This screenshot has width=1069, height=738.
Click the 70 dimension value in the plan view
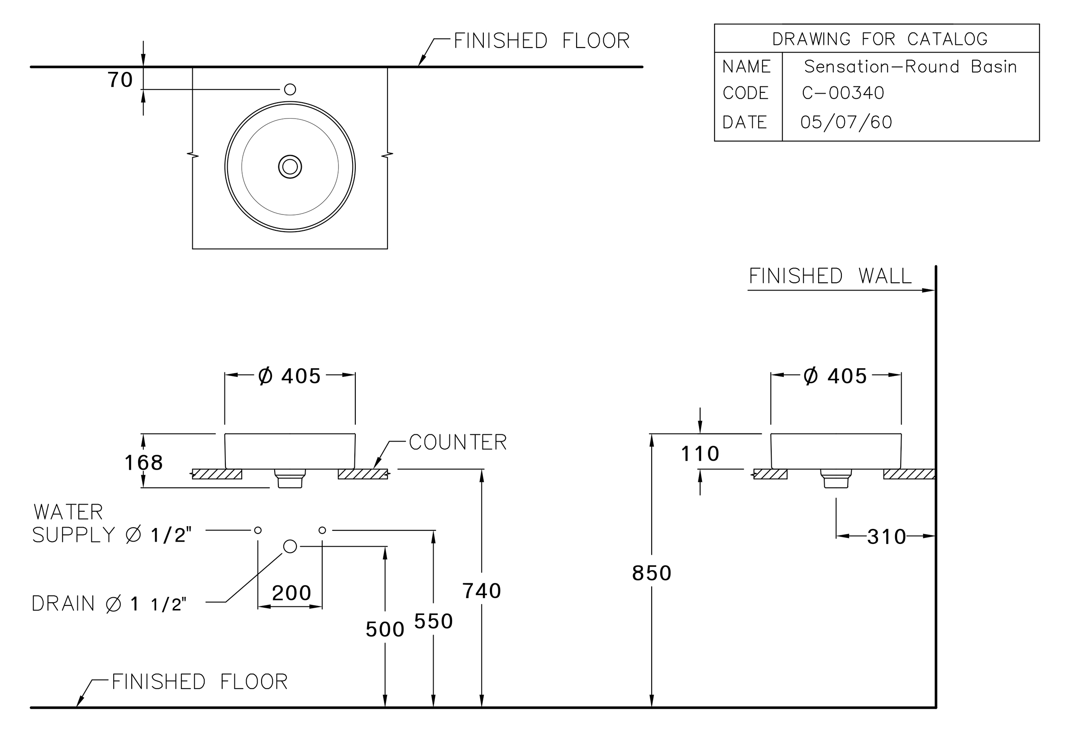[120, 80]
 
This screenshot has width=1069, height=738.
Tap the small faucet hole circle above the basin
[290, 89]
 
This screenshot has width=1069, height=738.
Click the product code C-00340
[843, 93]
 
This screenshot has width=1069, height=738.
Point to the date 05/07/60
[846, 122]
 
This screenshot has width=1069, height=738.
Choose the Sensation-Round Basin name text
[911, 67]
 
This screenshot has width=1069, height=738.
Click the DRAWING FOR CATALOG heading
[880, 39]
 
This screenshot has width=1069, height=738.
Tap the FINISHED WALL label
[830, 276]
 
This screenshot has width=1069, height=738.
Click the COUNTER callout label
[458, 442]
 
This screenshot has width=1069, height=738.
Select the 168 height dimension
[144, 462]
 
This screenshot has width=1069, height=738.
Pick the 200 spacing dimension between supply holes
[291, 593]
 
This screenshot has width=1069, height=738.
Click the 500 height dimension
[385, 629]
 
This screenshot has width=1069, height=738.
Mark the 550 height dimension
[433, 621]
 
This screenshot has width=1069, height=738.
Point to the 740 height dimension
[482, 591]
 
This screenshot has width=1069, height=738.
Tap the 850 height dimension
[651, 573]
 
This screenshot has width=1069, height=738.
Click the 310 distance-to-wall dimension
[886, 537]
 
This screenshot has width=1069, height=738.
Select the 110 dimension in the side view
[700, 454]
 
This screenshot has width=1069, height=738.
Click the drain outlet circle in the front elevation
[290, 546]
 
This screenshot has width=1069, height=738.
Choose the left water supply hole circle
[258, 530]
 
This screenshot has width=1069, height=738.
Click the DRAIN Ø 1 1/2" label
[109, 604]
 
